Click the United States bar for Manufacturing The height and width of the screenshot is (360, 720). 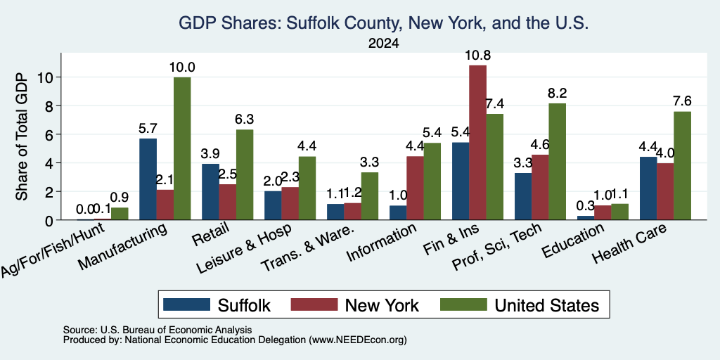(182, 148)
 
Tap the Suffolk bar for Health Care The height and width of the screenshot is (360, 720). (648, 188)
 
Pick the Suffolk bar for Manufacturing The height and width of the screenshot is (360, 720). (148, 179)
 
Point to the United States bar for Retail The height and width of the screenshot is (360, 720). (245, 174)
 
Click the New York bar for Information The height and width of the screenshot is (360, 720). (415, 188)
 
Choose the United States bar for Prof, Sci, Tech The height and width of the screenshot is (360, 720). (558, 162)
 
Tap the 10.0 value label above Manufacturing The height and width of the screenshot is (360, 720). (182, 67)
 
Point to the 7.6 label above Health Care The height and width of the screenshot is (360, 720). (682, 101)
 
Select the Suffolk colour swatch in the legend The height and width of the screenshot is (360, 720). (186, 304)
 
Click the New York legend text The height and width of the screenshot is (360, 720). (382, 305)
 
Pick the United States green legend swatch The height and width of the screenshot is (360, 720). (463, 304)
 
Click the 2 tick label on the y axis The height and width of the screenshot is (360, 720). (50, 191)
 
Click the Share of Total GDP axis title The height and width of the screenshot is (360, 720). (22, 136)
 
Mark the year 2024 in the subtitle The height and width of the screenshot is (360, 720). (383, 44)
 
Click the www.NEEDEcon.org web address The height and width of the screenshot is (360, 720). (358, 340)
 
